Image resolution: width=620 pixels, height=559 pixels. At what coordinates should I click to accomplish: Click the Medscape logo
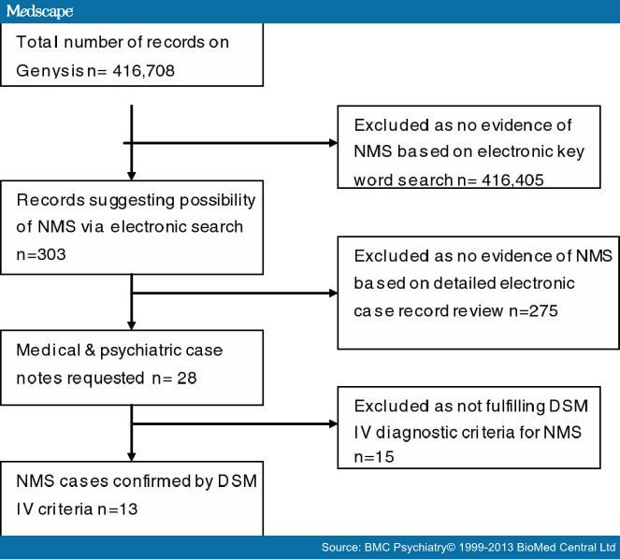coord(39,11)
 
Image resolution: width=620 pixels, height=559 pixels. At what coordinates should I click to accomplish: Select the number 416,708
coord(143,71)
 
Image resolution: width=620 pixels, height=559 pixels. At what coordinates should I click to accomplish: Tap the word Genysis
coord(50,72)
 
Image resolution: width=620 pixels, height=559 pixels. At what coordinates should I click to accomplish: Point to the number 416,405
coord(512,180)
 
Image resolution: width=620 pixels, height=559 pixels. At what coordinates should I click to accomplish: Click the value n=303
coord(41,254)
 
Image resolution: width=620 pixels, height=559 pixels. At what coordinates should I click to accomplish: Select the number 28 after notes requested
coord(187,378)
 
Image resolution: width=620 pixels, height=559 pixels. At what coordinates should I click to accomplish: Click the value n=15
coord(374,457)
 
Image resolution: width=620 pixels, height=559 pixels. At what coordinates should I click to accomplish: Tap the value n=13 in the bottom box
coord(118,509)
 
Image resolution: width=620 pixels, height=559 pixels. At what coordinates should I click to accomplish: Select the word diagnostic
coord(415,433)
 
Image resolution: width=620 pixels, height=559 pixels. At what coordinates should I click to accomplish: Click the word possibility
coord(218,201)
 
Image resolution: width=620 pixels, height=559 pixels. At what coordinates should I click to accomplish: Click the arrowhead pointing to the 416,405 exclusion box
coord(333,143)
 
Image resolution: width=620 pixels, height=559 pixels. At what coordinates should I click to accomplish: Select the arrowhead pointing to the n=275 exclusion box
coord(333,293)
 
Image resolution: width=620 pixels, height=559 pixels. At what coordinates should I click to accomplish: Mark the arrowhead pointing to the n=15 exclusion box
coord(333,423)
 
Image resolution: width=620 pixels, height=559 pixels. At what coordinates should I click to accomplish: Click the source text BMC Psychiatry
coord(405,548)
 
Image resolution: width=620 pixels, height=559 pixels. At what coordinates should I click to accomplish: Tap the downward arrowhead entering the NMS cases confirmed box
coord(132,457)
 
